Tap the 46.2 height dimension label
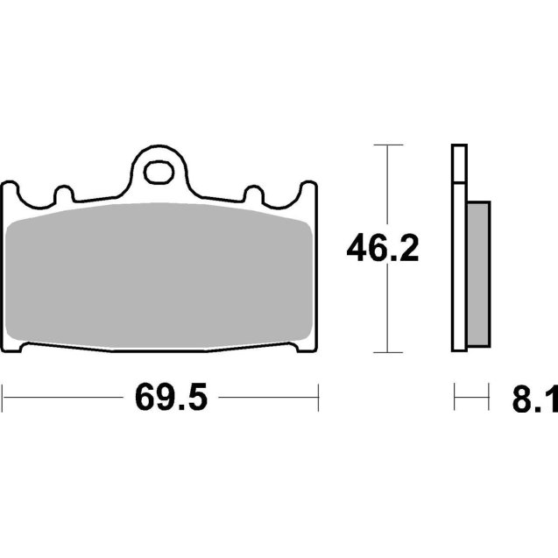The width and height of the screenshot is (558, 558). (383, 249)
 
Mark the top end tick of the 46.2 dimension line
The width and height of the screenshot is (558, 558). (387, 145)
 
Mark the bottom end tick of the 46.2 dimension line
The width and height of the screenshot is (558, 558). (387, 352)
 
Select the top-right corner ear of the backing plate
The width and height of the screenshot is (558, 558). (308, 190)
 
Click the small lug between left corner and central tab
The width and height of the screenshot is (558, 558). (62, 191)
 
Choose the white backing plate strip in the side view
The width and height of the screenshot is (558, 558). (459, 263)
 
